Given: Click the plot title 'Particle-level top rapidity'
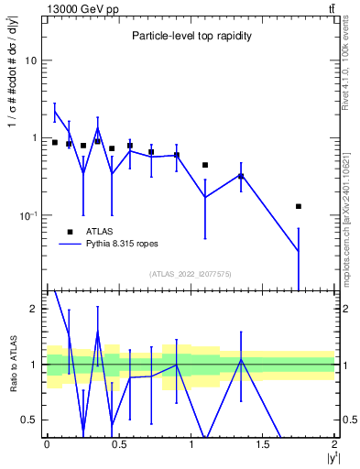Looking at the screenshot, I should click(190, 36).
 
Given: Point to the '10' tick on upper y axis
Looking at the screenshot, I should click(30, 60).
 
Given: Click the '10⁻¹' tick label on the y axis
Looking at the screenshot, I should click(27, 215).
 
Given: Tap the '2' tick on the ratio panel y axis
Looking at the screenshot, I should click(33, 309).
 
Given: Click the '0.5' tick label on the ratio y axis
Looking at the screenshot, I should click(29, 420).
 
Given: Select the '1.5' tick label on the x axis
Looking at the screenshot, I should click(263, 444).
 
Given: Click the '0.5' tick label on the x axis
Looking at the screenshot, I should click(118, 444).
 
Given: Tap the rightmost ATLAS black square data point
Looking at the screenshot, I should click(299, 206).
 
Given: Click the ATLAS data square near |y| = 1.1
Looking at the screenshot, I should click(204, 165).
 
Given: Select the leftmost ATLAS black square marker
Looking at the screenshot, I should click(55, 142).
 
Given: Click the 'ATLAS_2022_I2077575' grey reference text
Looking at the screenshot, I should click(191, 274).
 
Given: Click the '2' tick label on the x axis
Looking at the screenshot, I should click(334, 444).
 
